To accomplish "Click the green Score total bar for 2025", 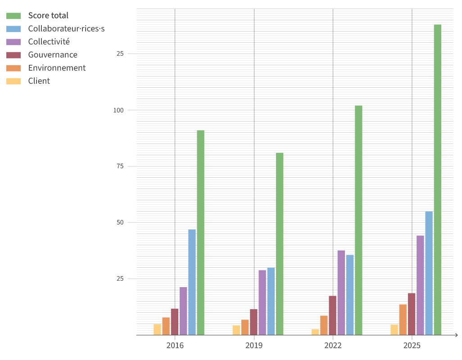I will tap(437, 180).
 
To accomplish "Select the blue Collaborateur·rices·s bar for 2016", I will tap(192, 282).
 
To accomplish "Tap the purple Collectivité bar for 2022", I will tap(341, 292).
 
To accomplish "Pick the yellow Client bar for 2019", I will tap(236, 330).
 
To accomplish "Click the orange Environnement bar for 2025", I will tap(403, 319).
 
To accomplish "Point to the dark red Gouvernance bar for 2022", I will tap(332, 315).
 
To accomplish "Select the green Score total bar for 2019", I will tap(280, 244).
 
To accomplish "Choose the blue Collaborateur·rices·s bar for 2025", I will tap(429, 273).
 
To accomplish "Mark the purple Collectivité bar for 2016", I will tap(183, 311).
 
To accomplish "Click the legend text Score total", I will tap(48, 16).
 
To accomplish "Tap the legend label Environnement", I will tap(57, 68).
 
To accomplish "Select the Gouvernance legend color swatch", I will tap(14, 55).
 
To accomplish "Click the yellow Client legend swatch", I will tap(14, 81).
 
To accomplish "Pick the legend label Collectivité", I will tap(49, 42).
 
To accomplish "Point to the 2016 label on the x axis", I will tap(175, 346).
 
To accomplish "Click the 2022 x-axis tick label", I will tap(333, 346).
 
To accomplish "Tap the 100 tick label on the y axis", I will tap(118, 110).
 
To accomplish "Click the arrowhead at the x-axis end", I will tap(456, 335).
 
